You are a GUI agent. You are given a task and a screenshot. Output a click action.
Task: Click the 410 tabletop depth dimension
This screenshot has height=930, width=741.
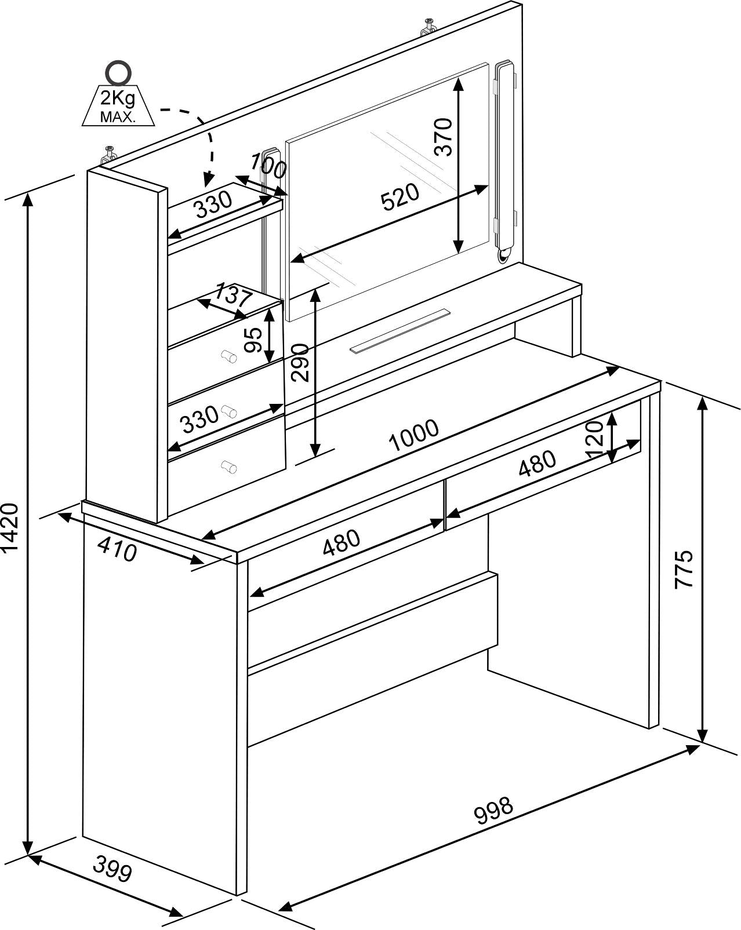pyautogui.click(x=117, y=549)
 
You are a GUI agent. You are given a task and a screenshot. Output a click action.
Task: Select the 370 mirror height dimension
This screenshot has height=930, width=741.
pyautogui.click(x=444, y=137)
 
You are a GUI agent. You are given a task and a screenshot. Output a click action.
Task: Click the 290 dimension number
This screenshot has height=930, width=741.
pyautogui.click(x=300, y=363)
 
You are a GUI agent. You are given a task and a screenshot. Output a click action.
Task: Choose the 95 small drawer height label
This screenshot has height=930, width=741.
pyautogui.click(x=253, y=340)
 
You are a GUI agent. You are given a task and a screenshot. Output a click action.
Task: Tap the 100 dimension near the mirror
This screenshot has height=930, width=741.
pyautogui.click(x=268, y=165)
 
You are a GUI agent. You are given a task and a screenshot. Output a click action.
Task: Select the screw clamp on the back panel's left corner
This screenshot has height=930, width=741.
pyautogui.click(x=110, y=155)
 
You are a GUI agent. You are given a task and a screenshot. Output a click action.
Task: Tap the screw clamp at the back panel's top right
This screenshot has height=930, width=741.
pyautogui.click(x=428, y=27)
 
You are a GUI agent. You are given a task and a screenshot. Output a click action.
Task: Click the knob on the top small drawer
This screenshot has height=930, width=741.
pyautogui.click(x=229, y=356)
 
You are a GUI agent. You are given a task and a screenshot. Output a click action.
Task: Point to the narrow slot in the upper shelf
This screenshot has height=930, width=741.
pyautogui.click(x=399, y=331)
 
